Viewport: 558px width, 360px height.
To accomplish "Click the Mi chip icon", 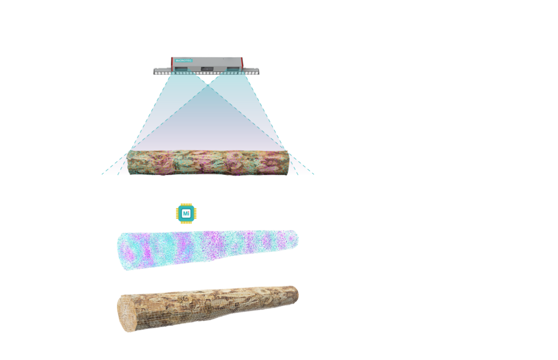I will pyautogui.click(x=186, y=213).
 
